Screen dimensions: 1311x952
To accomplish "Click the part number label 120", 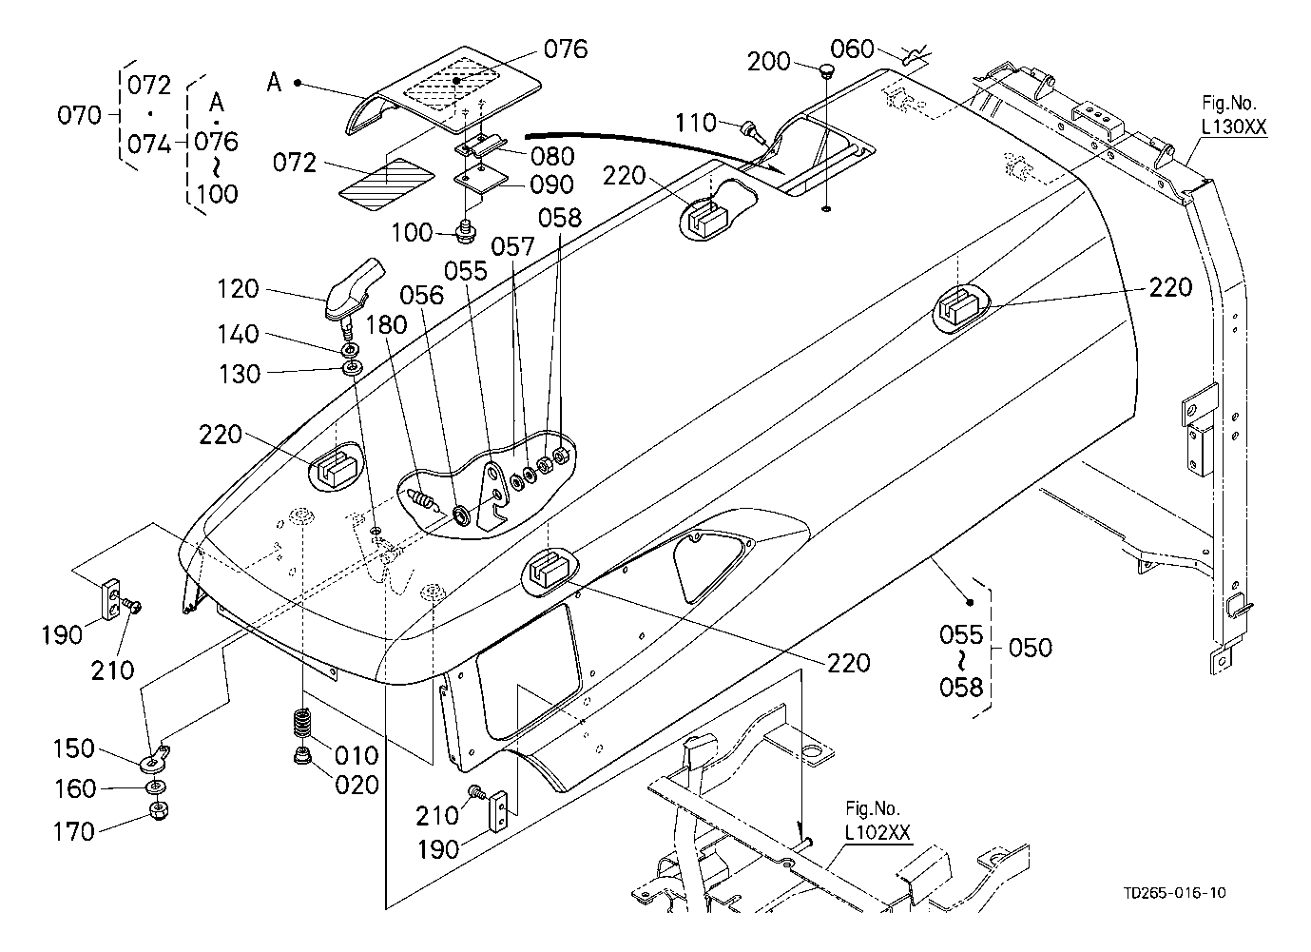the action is tap(238, 289).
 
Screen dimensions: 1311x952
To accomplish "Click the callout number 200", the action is tap(768, 62).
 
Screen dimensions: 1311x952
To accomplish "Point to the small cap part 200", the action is tap(825, 70).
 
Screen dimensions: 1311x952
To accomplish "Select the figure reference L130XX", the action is tap(1234, 126).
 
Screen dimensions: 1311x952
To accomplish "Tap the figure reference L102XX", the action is tap(877, 832).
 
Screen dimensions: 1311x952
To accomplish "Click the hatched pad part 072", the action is tap(388, 185).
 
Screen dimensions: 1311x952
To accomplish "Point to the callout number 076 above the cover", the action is tap(566, 49).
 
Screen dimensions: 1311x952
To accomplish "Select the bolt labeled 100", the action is tap(466, 231).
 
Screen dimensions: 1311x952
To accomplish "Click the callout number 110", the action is tap(695, 123).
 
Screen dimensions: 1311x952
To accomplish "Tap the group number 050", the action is tap(1031, 648).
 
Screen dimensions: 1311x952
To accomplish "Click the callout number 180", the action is tap(386, 324).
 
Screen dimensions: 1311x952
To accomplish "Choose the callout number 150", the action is tap(74, 748).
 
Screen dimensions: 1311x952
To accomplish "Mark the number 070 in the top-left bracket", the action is tap(79, 115).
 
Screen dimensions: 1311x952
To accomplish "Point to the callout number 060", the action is tap(852, 49).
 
